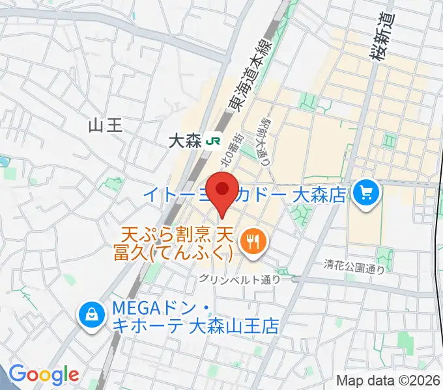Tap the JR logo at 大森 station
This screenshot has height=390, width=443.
point(212,140)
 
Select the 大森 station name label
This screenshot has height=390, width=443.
point(185,141)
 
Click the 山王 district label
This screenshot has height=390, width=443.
point(105,125)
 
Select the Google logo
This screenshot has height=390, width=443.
point(44,374)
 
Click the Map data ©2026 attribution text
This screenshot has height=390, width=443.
point(388,380)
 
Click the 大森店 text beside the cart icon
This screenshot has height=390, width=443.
point(319,193)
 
